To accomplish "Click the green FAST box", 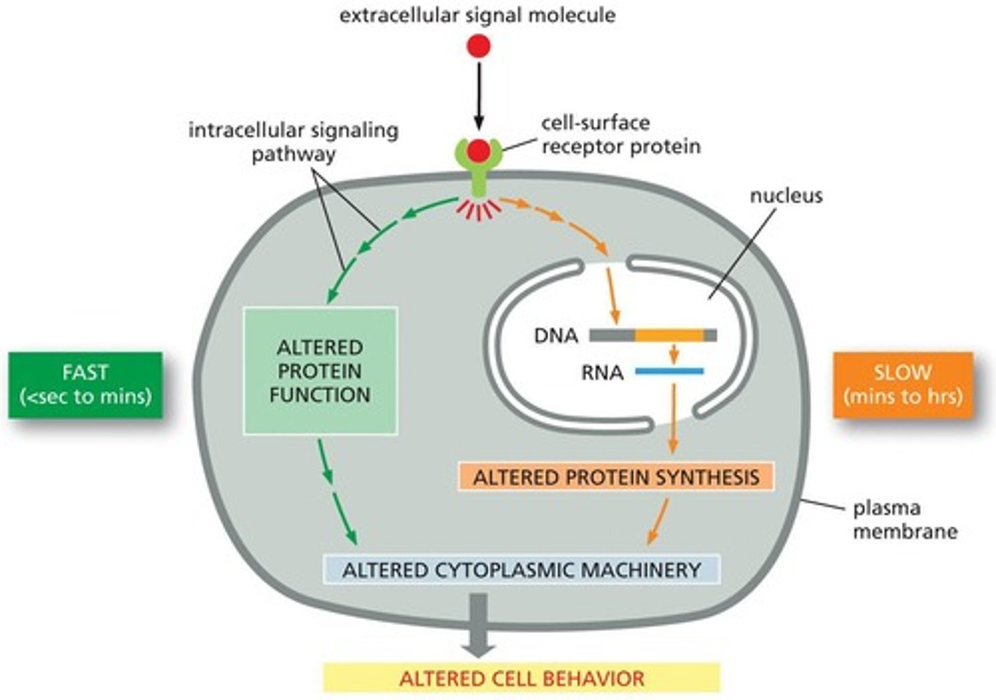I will coord(86,384).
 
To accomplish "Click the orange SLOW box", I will coord(903,384).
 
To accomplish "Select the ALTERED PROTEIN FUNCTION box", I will coord(320,371).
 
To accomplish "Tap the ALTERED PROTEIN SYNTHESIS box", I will coord(616,477).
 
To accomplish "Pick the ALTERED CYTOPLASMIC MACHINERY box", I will coord(522,570).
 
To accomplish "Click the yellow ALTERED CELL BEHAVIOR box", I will coord(522,678).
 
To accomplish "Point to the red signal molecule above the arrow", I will coord(479,46).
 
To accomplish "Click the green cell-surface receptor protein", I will coord(479,173).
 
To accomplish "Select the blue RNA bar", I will coord(669,372).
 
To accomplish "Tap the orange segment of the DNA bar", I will coord(669,336).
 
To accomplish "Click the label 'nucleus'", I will coord(786,196).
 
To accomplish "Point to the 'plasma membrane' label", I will coord(904,520).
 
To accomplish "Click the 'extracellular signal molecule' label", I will coord(477,15).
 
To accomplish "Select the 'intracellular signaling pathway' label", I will coord(293,142).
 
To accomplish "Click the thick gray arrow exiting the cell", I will coord(479,625).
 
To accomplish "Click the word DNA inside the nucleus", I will coord(555,336).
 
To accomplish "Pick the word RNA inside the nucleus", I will coord(602,373).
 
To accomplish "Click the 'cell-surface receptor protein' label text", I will coord(620,135).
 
